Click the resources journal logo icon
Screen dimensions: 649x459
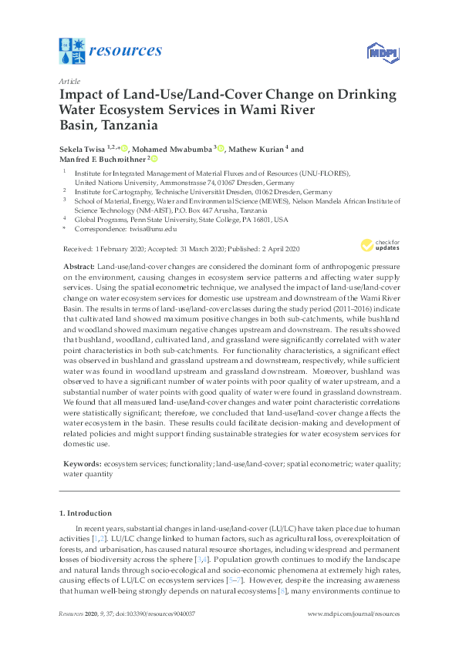coord(72,52)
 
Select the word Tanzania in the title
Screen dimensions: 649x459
coord(127,123)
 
